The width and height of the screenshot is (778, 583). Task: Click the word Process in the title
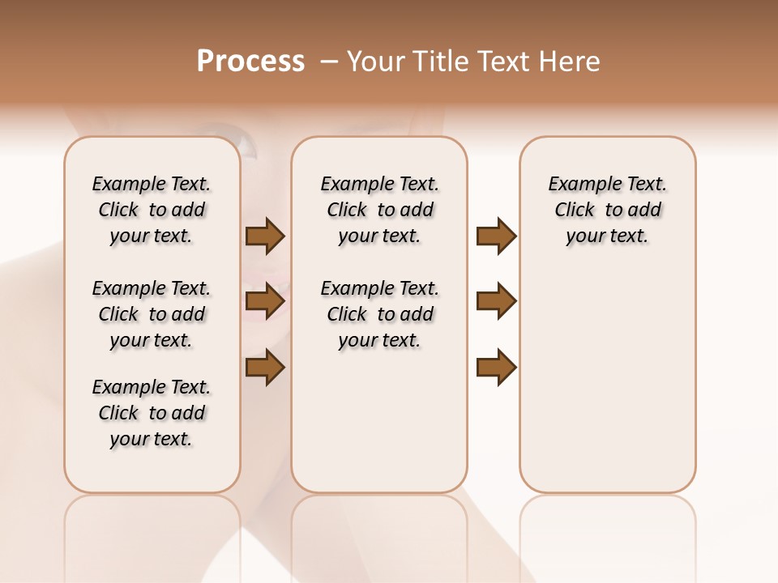tap(250, 62)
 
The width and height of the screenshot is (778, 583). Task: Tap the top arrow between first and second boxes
tap(265, 236)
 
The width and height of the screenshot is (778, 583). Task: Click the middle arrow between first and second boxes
tap(265, 302)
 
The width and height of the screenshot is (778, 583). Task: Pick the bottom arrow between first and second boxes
tap(265, 367)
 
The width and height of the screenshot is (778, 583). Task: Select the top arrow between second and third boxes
tap(496, 236)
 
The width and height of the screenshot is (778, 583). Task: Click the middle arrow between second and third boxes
tap(496, 301)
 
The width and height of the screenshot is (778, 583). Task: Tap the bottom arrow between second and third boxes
tap(496, 367)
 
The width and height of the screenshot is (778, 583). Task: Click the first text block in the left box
tap(152, 210)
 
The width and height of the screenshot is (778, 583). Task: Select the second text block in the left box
tap(152, 314)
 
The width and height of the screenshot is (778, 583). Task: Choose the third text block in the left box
tap(152, 413)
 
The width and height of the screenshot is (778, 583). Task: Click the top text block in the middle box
tap(379, 210)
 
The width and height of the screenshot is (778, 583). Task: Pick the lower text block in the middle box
tap(379, 314)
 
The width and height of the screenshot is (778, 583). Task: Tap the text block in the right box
tap(607, 210)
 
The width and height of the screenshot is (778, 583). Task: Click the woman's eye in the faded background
tap(246, 146)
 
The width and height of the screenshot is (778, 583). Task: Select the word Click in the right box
tap(575, 211)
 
